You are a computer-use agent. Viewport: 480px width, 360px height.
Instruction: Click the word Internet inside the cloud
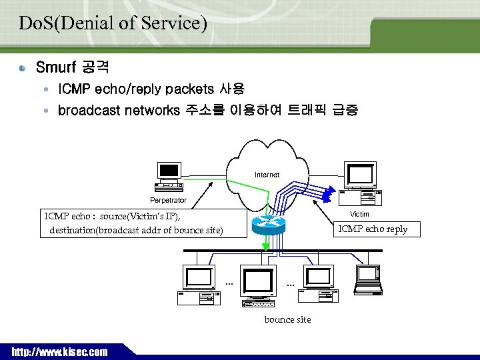tap(267, 175)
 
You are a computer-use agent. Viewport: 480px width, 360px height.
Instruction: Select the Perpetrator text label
tap(168, 200)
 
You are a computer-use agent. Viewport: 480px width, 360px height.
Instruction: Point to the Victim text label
tap(359, 214)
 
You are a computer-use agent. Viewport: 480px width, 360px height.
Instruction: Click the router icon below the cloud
tap(269, 225)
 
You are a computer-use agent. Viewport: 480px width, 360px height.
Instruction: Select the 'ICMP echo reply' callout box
tap(373, 229)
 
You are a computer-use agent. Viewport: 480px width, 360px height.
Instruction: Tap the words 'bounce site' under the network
tap(287, 319)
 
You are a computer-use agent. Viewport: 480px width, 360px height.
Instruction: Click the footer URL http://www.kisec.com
tap(59, 351)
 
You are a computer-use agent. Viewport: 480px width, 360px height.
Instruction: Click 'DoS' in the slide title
tap(33, 23)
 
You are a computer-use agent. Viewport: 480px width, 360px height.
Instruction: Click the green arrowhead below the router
tap(267, 247)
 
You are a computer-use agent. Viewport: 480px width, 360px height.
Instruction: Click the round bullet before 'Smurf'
tap(23, 68)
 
